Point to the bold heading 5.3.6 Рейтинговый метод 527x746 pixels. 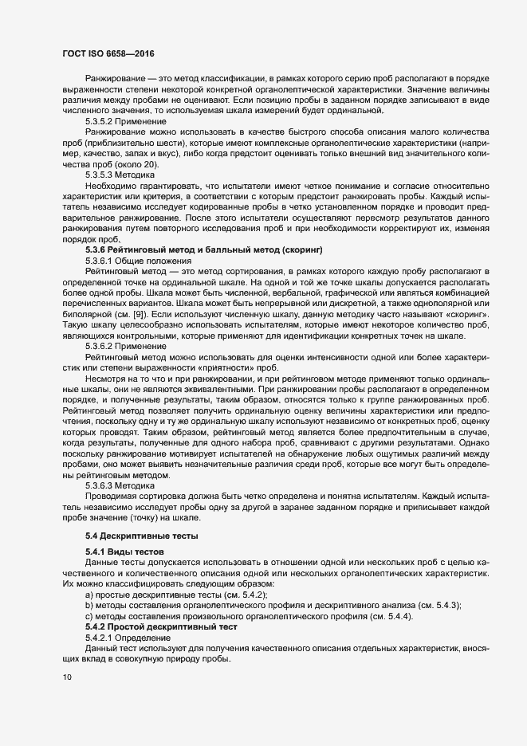point(203,250)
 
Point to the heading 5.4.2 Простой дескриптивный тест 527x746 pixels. point(158,626)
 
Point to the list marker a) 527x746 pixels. point(89,595)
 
